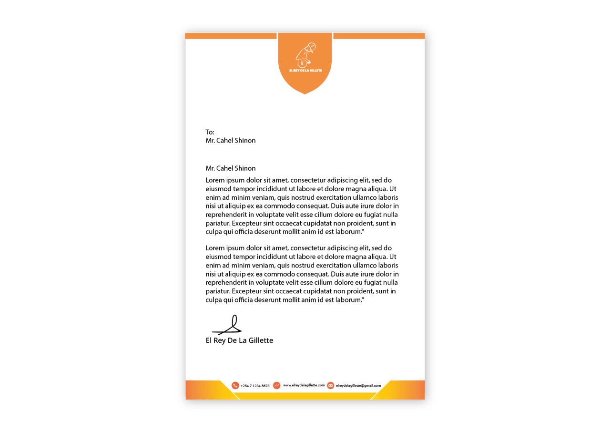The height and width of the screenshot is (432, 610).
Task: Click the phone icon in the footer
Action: point(235,385)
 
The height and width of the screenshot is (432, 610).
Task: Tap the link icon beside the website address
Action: point(276,385)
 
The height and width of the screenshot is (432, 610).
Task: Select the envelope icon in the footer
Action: point(331,385)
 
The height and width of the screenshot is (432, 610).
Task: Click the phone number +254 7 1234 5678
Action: point(255,386)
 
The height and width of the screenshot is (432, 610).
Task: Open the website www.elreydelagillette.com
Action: point(304,385)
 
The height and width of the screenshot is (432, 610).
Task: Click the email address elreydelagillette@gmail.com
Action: point(358,385)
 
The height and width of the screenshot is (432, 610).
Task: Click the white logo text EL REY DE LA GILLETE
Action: point(305,71)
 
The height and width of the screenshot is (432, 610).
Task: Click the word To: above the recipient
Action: point(210,132)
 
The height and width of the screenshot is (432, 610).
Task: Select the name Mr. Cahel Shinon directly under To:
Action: point(231,141)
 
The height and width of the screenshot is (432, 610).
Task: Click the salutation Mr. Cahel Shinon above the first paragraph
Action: point(231,168)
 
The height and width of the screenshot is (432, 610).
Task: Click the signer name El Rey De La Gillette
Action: point(239,340)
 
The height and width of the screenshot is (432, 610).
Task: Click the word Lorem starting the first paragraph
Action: point(215,180)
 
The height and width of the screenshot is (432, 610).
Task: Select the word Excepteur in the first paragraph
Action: point(247,223)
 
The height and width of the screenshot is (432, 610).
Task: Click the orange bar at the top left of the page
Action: point(231,36)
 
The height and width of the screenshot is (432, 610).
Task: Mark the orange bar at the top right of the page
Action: point(379,36)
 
